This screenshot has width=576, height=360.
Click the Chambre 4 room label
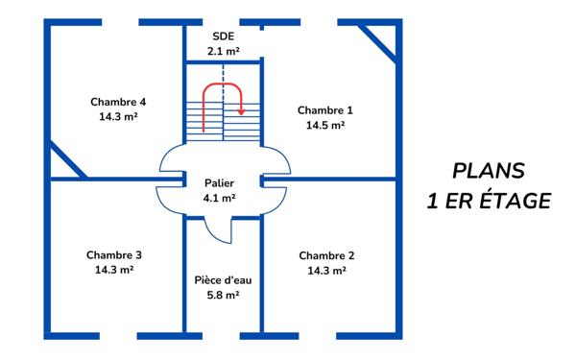[118, 102]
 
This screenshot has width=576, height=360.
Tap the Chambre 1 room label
[324, 109]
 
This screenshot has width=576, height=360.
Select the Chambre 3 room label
[114, 255]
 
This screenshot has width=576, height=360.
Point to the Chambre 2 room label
[326, 255]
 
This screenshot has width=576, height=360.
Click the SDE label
[222, 36]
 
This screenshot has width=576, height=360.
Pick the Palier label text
[219, 182]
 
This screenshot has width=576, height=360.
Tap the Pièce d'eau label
[223, 279]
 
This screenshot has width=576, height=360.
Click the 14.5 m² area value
[325, 125]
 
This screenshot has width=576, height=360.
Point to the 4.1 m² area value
[219, 198]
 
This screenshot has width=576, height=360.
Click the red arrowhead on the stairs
[241, 111]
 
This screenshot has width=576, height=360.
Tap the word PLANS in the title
[490, 171]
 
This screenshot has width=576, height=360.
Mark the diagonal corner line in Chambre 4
[67, 158]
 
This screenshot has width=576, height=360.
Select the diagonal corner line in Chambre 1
[378, 42]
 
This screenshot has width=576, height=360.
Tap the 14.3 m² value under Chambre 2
[326, 271]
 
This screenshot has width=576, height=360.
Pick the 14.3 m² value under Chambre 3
[114, 271]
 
